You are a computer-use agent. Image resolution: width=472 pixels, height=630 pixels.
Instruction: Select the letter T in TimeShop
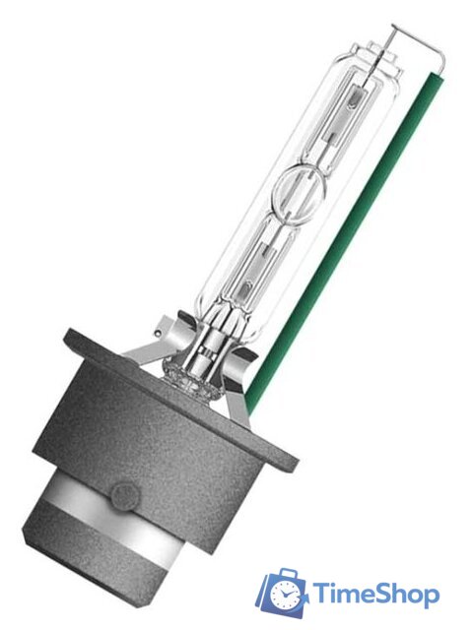pos(321,593)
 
